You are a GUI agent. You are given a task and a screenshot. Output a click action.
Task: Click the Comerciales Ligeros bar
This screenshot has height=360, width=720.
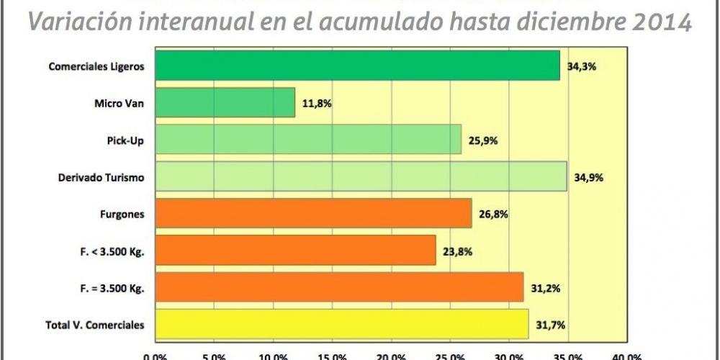pos(357,66)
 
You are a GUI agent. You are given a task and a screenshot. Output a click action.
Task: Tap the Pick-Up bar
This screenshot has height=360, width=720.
pos(308,139)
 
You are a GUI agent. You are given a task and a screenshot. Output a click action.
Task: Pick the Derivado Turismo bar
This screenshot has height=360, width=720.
pos(361,176)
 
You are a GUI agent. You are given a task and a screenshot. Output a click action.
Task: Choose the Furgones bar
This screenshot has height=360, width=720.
pos(313,213)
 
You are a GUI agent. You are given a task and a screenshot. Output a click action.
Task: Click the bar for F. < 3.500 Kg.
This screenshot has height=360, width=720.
pos(295,250)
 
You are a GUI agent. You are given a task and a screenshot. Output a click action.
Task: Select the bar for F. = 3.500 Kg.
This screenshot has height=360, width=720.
pos(339,287)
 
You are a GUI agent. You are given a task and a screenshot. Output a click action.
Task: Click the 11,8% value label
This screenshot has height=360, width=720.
pos(316,103)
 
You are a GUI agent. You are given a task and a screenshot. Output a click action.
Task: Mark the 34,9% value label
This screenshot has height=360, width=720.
pos(588,177)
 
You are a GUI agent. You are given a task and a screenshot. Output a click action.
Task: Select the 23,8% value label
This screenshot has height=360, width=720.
pos(457,251)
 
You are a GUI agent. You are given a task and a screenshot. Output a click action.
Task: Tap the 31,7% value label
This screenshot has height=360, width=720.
pos(549,325)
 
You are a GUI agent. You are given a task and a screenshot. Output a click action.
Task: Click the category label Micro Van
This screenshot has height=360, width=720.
pos(120,103)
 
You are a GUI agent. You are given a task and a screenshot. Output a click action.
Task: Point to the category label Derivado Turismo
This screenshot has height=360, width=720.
pos(101,177)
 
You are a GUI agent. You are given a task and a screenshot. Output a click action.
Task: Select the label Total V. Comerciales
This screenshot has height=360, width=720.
pos(94,325)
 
